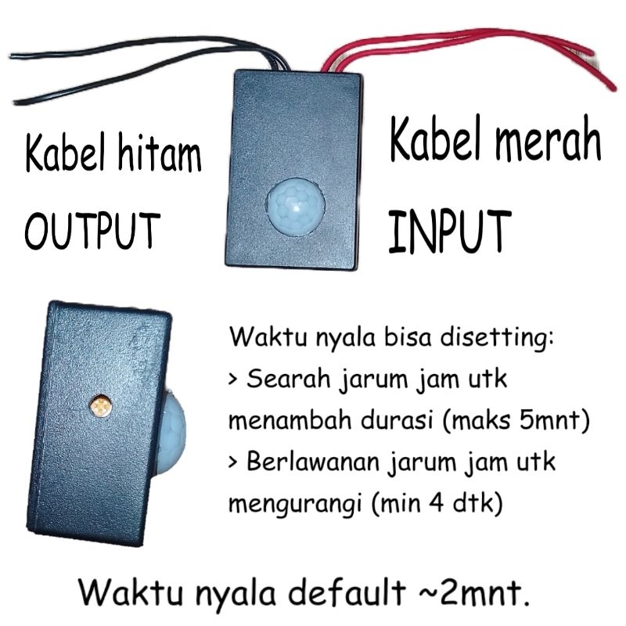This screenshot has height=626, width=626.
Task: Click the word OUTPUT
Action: click(92, 228)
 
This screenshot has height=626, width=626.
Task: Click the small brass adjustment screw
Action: click(99, 405)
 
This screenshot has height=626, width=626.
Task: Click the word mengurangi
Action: click(293, 505)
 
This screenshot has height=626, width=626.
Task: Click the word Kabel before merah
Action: click(426, 143)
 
